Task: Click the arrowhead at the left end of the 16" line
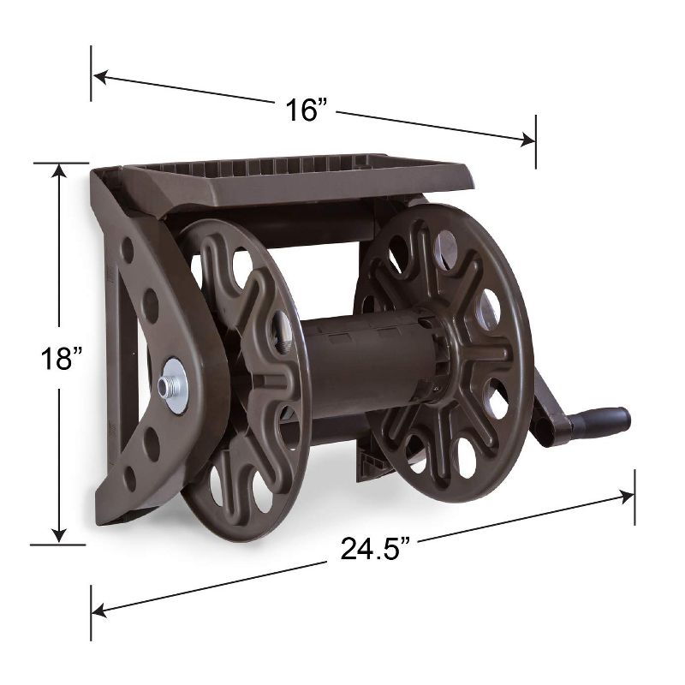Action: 99,77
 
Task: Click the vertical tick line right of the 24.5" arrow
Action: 634,496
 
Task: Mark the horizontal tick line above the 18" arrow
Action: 60,163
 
